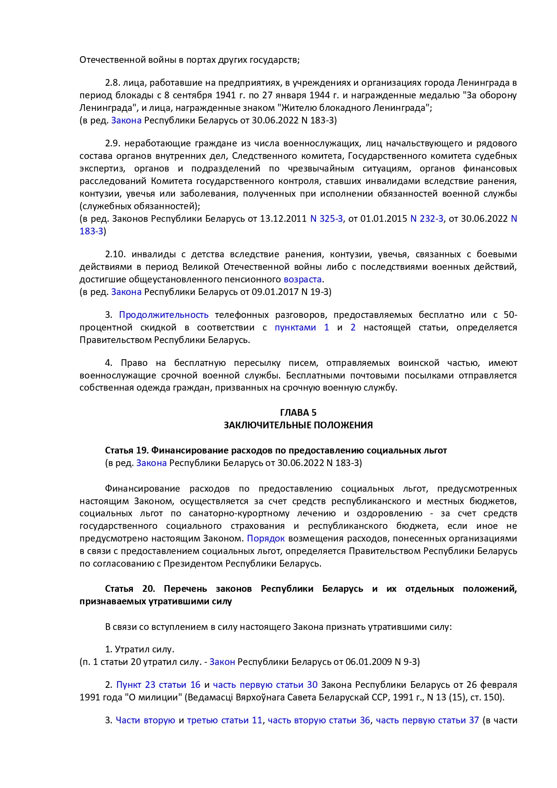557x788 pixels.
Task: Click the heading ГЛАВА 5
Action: [x=298, y=412]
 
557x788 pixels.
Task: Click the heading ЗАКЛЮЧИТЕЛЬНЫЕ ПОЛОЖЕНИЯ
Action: [x=298, y=425]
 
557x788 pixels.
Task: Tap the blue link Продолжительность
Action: [x=163, y=315]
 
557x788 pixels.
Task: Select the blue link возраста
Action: [x=303, y=279]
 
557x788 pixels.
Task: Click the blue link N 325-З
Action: [x=326, y=219]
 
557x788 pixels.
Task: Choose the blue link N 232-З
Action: [x=427, y=219]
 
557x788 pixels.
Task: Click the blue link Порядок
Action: [x=266, y=538]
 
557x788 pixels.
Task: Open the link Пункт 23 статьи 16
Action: [x=158, y=685]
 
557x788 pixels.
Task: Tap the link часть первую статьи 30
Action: [x=265, y=685]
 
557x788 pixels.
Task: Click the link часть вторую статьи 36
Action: [x=319, y=720]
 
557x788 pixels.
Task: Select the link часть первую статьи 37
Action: [x=427, y=720]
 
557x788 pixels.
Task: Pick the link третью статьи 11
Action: [x=224, y=720]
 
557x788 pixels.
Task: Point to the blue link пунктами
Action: [x=295, y=327]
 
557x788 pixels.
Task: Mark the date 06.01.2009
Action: [x=368, y=661]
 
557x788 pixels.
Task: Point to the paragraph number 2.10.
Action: [x=115, y=254]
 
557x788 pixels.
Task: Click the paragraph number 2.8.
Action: [x=112, y=83]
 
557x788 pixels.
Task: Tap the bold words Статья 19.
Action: [x=127, y=450]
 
